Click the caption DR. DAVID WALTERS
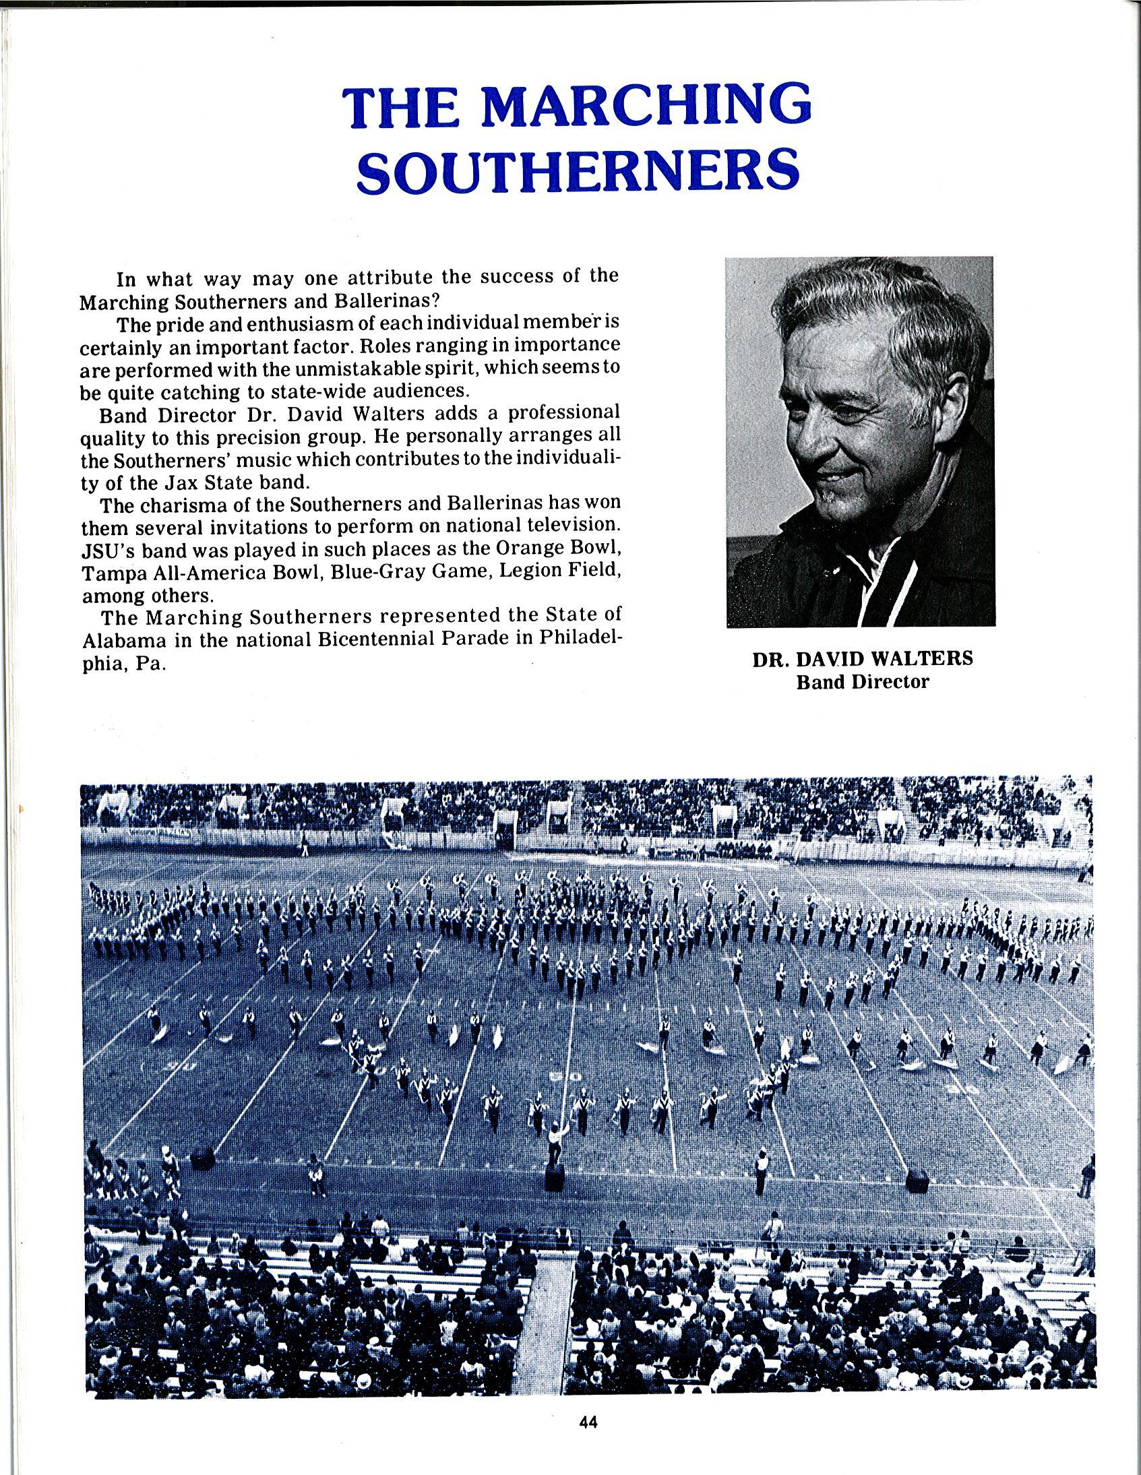coord(863,659)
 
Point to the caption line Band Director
coord(863,682)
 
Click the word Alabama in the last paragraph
coord(115,640)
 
